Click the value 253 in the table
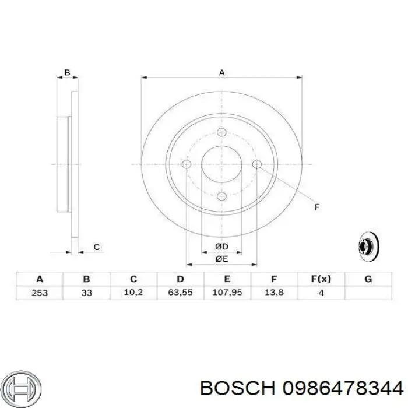(40, 292)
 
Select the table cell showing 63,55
(181, 292)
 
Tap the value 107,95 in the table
(227, 292)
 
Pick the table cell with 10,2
(133, 292)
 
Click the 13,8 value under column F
(275, 292)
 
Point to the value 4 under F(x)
(321, 292)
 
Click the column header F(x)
(321, 279)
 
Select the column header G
(368, 279)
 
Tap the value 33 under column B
(86, 292)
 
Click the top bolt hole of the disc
(221, 132)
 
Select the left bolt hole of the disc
(187, 164)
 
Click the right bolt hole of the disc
(256, 164)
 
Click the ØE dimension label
(221, 259)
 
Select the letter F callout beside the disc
(317, 207)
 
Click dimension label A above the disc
(221, 72)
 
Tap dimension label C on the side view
(96, 247)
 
